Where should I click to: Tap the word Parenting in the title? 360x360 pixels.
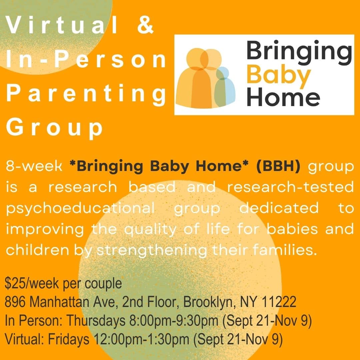86,94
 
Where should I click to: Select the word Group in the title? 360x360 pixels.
54,128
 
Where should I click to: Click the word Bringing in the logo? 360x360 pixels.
299,53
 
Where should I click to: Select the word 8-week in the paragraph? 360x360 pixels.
34,166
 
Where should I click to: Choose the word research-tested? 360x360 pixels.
290,187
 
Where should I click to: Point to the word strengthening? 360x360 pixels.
152,250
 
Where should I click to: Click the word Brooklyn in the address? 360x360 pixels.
210,302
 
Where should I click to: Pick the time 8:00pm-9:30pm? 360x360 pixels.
174,321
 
